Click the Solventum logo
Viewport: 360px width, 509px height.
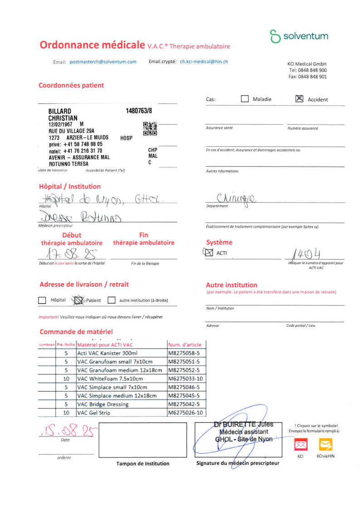tap(299, 36)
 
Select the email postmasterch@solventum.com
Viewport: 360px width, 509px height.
tap(103, 62)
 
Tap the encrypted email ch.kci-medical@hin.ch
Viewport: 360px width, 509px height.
tap(204, 62)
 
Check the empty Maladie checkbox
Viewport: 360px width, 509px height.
tap(245, 99)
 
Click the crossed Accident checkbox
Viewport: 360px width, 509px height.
tap(299, 99)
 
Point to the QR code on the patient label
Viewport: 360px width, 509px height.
tap(150, 129)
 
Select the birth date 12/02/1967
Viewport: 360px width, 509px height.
tap(61, 124)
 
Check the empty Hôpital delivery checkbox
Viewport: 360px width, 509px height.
tap(42, 300)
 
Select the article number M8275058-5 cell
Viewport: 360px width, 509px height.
tap(186, 353)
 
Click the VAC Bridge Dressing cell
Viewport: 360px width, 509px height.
tap(122, 404)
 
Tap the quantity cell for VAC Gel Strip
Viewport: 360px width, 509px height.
tap(66, 413)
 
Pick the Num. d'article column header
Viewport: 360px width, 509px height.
tap(186, 344)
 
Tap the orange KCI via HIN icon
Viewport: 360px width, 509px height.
tap(326, 445)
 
